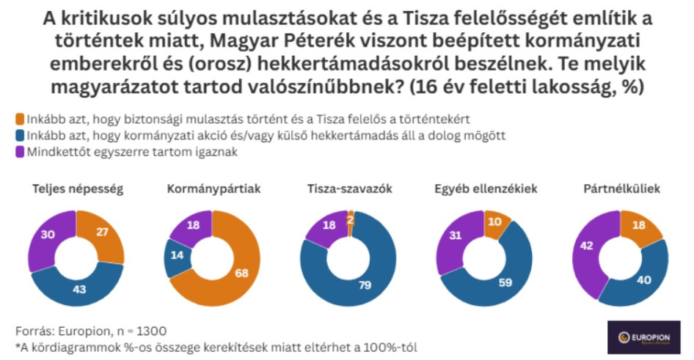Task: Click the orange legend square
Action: (x=19, y=118)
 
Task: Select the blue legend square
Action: (x=19, y=135)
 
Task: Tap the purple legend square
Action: (x=19, y=152)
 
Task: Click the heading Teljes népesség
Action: (x=77, y=188)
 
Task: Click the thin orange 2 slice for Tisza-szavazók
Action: (x=351, y=219)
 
